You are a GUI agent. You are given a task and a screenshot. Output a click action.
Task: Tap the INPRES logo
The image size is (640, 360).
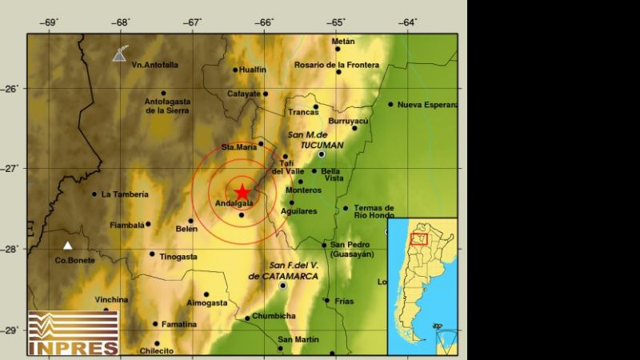point(74,332)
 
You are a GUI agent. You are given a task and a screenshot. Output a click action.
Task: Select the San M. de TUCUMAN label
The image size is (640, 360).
point(314,139)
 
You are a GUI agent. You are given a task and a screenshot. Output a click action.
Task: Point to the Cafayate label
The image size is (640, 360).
point(246,94)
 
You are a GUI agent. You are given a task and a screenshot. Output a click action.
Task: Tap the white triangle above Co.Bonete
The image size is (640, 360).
point(68,246)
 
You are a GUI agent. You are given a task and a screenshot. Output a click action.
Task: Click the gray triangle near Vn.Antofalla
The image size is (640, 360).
point(119,54)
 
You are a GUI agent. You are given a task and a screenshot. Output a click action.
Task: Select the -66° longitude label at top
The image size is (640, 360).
point(265,22)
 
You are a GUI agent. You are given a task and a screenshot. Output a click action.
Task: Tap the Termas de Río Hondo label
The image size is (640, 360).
point(374,212)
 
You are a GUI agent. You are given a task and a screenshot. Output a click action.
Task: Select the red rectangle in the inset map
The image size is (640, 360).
point(418,239)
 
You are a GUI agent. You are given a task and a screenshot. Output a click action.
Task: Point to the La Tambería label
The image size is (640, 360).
point(125,194)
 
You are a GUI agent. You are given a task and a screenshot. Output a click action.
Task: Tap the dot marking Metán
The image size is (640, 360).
point(338,49)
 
